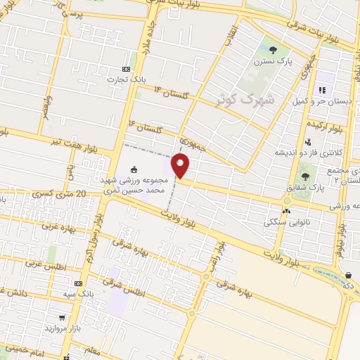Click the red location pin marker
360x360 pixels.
(181, 166)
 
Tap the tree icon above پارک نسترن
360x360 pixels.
(273, 49)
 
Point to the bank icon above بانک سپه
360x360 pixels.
(78, 282)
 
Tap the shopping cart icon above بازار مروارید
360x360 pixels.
(62, 318)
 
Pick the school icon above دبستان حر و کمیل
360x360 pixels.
(322, 89)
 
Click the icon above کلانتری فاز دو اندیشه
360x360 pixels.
(308, 142)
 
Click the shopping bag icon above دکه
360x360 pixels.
(349, 275)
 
